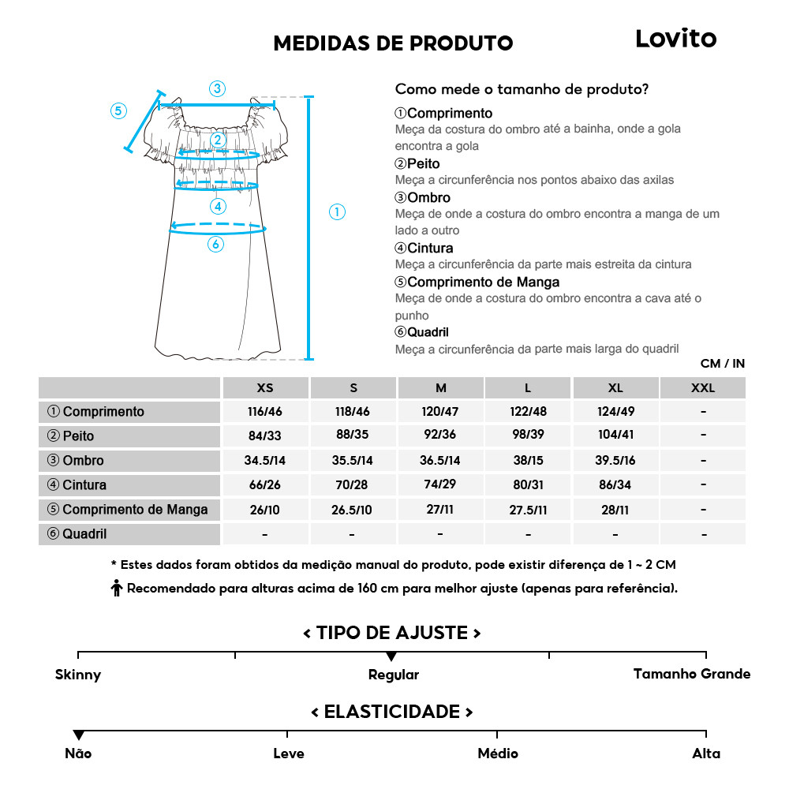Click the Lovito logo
[675, 39]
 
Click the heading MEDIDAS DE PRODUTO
[393, 43]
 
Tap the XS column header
[265, 388]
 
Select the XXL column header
[702, 388]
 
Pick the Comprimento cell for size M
[440, 412]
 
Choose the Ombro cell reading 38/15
[528, 461]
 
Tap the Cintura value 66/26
[265, 485]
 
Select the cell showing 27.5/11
[528, 510]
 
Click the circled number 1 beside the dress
[337, 211]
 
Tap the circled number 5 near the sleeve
[118, 110]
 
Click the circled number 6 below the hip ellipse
[215, 245]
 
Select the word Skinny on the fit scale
[78, 675]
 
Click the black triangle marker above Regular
[391, 656]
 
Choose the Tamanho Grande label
[691, 674]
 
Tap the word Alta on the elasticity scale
[706, 753]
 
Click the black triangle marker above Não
[78, 735]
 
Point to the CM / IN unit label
[722, 364]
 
